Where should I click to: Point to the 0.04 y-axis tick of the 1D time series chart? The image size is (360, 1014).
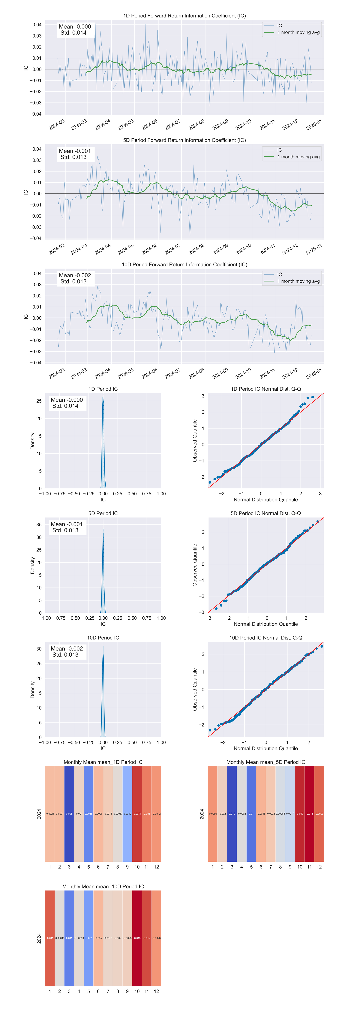coord(37,25)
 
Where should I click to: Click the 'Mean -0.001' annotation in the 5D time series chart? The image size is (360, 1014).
coord(75,151)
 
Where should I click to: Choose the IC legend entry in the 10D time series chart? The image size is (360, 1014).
coord(279,274)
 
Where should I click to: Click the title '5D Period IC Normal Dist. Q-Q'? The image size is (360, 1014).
coord(265,513)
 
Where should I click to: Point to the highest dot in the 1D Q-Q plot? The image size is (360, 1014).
coord(312,397)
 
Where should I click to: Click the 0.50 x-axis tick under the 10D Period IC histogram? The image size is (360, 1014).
coord(132,742)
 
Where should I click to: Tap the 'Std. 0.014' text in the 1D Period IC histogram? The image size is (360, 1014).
coord(65,406)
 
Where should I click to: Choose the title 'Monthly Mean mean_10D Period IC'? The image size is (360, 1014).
coord(103,886)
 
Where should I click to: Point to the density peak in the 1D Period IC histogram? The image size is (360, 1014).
coord(103,400)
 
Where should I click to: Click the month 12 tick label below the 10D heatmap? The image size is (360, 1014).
coord(156,991)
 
